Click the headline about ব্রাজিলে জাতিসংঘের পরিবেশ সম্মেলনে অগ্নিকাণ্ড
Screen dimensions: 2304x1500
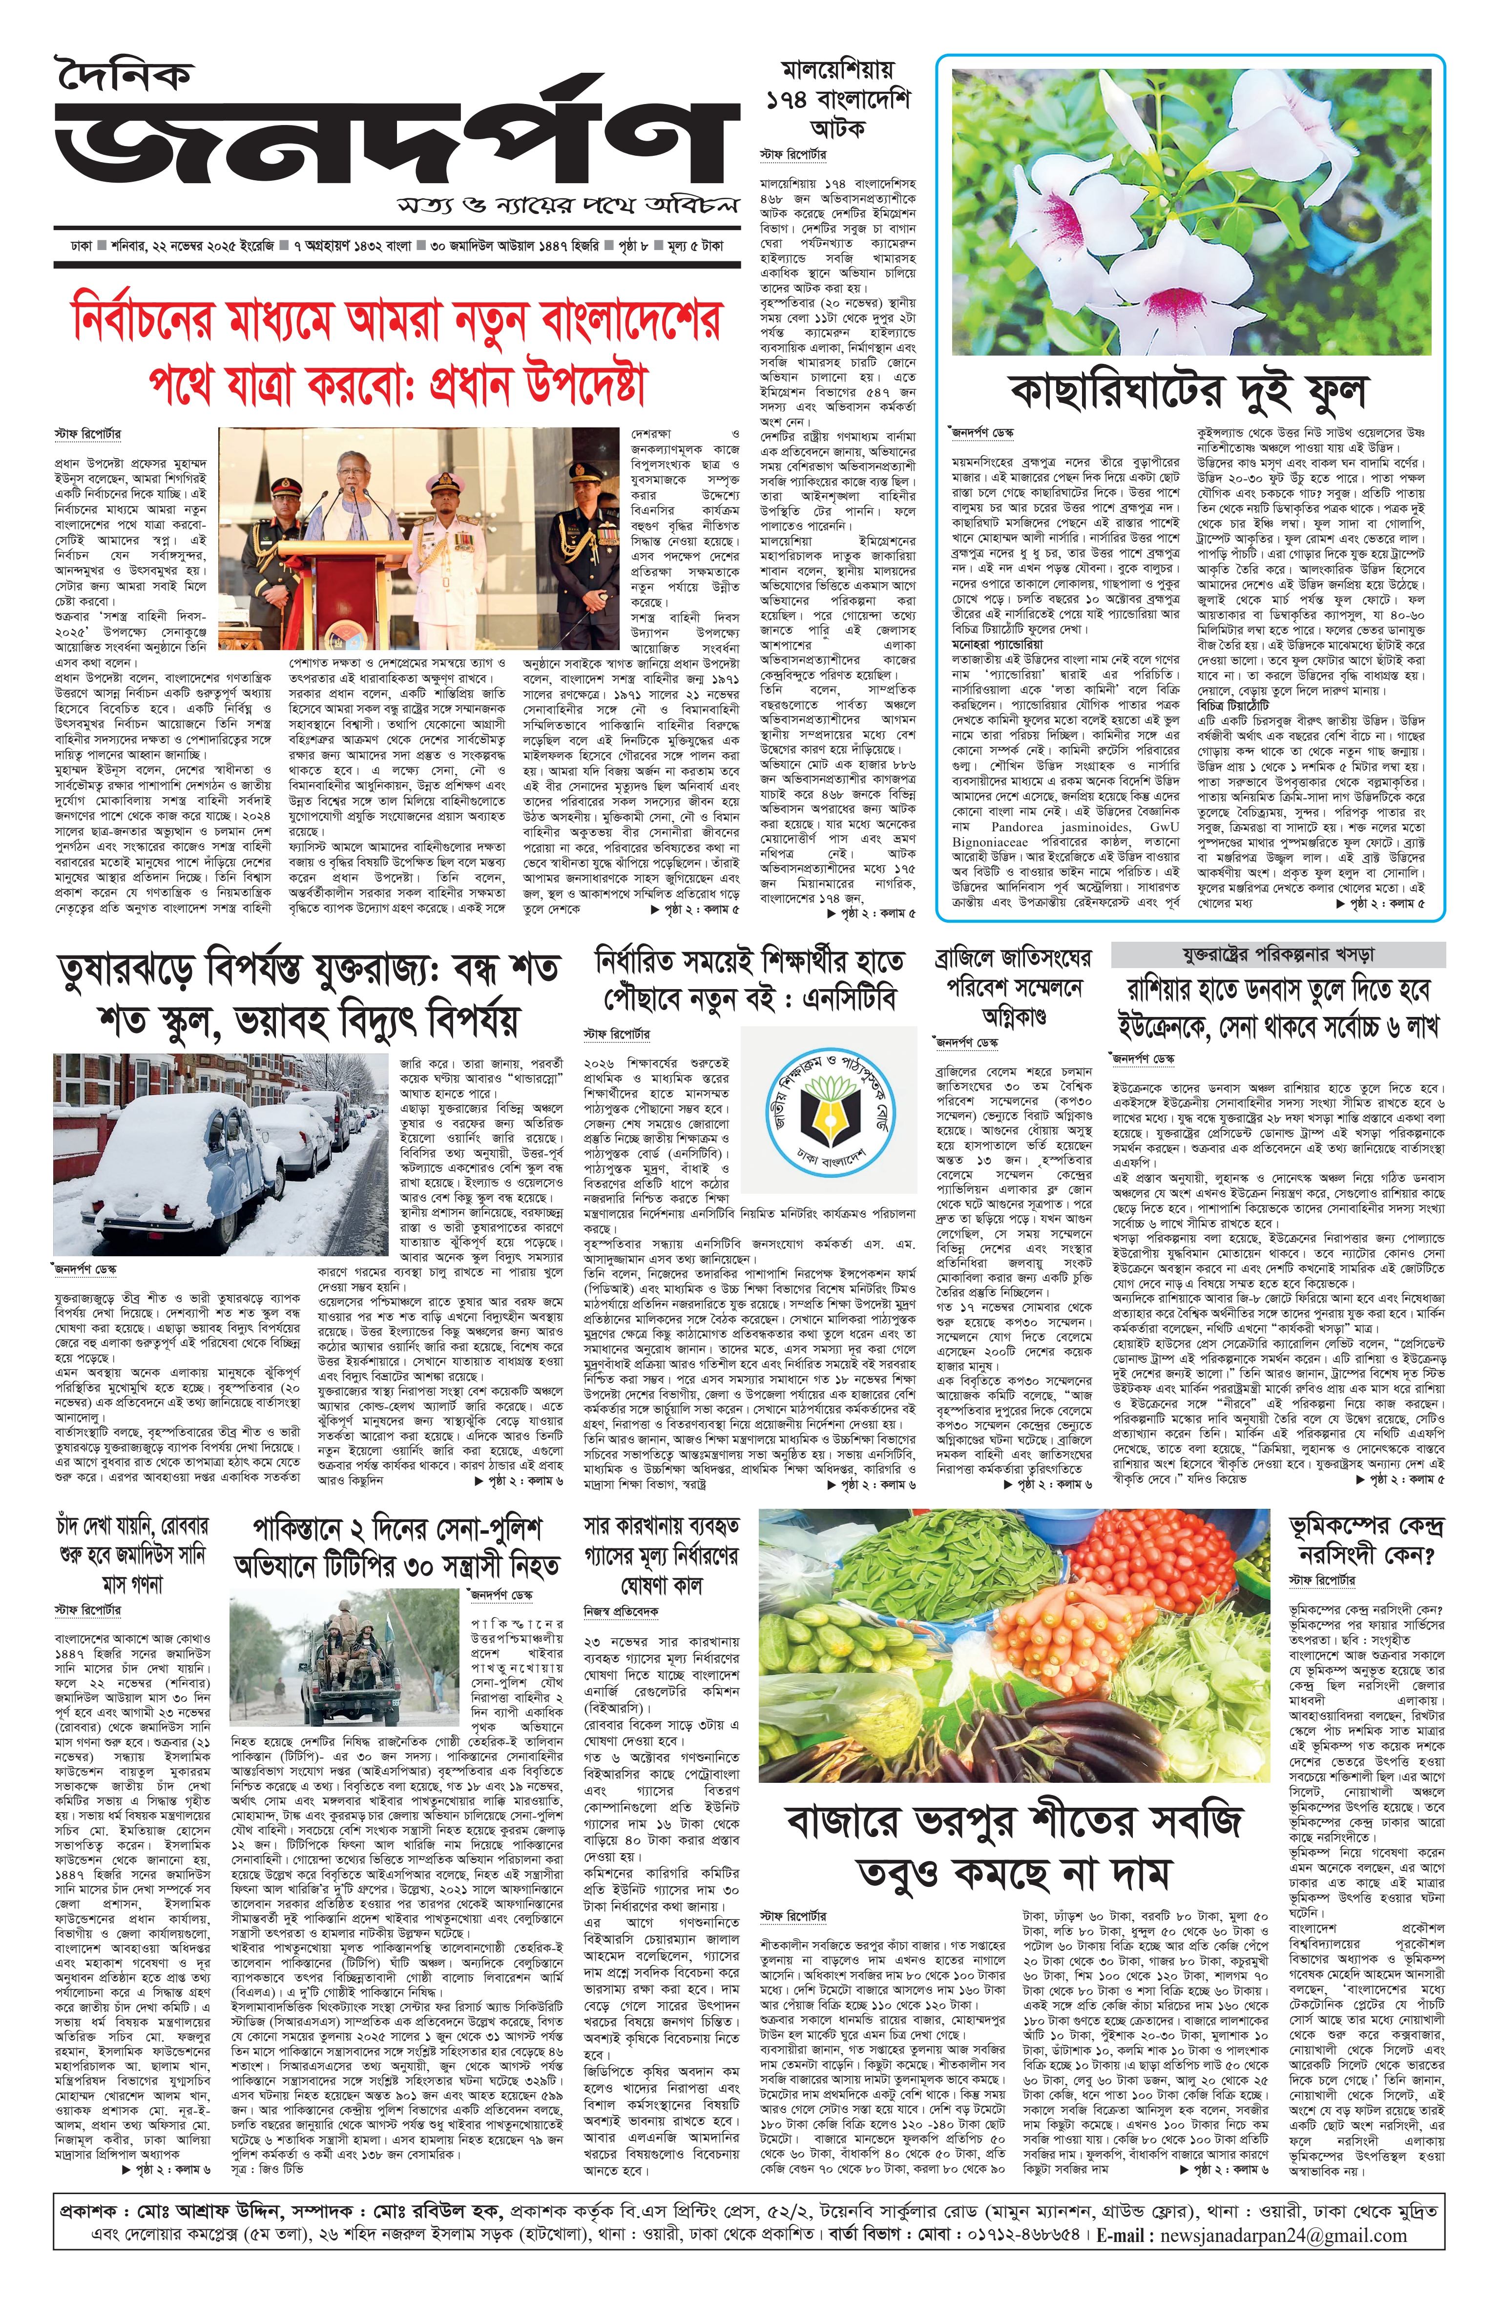click(x=1012, y=988)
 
